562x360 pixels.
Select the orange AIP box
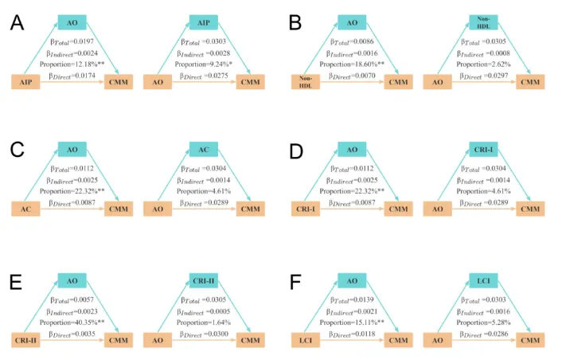point(25,81)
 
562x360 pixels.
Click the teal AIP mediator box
point(202,23)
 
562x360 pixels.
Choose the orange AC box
point(25,209)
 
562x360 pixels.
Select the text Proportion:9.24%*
point(202,63)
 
